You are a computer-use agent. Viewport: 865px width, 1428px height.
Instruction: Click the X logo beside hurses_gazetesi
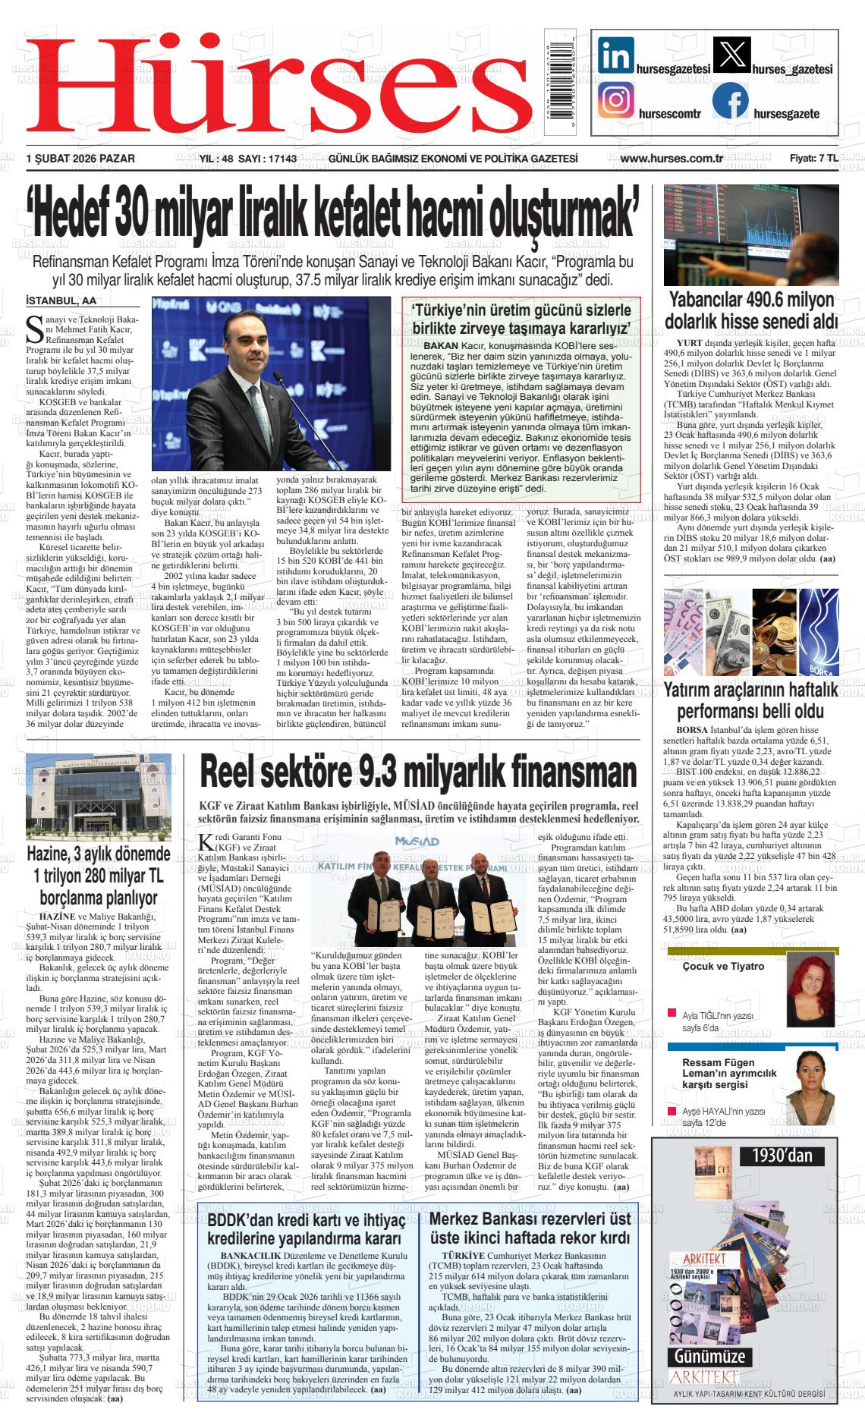(731, 57)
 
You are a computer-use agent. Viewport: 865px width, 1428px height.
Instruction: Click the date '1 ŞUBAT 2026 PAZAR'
(80, 159)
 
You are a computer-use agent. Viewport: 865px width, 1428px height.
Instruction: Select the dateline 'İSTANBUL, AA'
(61, 300)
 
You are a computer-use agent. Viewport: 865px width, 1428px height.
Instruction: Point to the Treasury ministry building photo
(99, 791)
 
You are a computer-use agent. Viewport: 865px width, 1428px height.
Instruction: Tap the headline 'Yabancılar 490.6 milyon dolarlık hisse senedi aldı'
(751, 310)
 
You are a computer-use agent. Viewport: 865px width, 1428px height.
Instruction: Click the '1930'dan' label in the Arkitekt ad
(782, 1156)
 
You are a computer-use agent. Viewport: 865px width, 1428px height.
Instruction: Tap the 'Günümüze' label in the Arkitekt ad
(706, 1357)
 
